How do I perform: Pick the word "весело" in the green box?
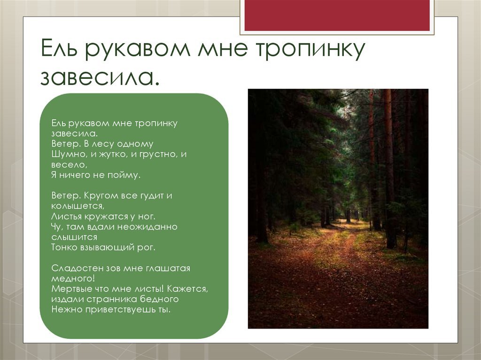[x=68, y=165]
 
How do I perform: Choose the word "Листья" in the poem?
[x=66, y=216]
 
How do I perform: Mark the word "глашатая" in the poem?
[x=168, y=268]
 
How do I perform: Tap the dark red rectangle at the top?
[x=337, y=15]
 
